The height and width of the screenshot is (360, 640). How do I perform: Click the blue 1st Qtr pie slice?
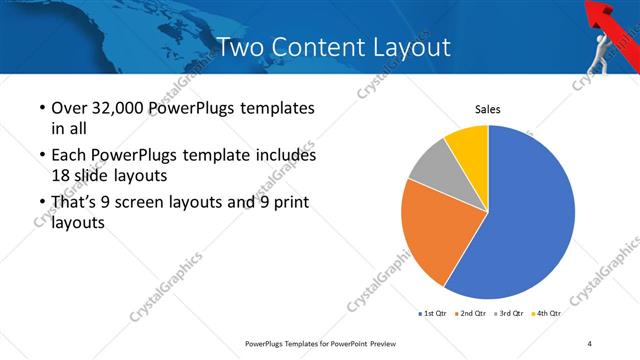point(530,220)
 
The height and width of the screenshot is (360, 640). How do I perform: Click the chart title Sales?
point(487,109)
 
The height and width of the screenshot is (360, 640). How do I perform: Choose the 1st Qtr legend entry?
point(432,313)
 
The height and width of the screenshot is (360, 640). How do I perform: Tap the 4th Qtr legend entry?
point(547,313)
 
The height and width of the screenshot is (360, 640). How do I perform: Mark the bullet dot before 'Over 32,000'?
point(40,108)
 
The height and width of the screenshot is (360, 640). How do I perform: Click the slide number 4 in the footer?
point(590,344)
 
